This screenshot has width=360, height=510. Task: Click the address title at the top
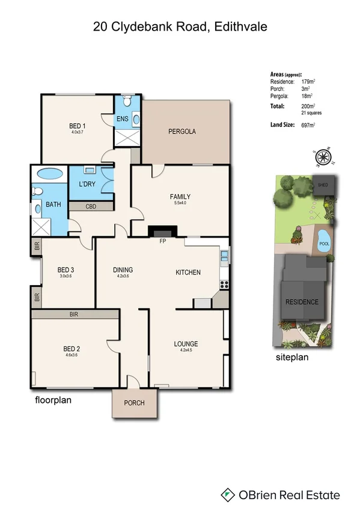coord(180,26)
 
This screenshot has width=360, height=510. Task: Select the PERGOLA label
coord(182,131)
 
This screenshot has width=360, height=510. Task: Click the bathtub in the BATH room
coord(49,175)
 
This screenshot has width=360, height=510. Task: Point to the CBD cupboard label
coord(91,206)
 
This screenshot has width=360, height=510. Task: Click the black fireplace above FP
coord(162,232)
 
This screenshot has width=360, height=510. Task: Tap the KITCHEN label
coord(188,272)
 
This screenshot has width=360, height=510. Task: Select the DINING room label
coord(123,270)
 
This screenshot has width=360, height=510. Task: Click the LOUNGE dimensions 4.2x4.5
coord(186,351)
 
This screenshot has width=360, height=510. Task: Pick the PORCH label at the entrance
coord(134,403)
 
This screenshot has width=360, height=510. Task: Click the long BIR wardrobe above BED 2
coord(75,314)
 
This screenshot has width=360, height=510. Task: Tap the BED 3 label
coord(66,269)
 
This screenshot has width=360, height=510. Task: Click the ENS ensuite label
coord(123,118)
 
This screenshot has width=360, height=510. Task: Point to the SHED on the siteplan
coord(323,185)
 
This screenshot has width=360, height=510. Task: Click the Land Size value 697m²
coord(308,125)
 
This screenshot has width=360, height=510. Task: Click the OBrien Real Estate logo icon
coord(228,495)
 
